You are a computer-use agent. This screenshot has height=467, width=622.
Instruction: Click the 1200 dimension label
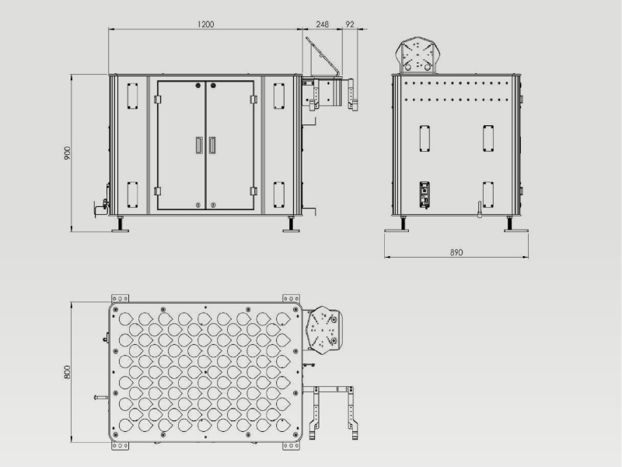coord(205,24)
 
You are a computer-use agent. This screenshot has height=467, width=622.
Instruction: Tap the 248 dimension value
coord(322,24)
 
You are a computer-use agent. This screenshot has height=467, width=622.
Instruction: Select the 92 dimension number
coord(349,24)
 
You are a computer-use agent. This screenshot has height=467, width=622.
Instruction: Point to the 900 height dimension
coord(68,153)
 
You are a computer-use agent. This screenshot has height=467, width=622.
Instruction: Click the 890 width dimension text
coord(456,252)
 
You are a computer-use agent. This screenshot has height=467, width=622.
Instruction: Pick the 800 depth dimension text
coord(67,372)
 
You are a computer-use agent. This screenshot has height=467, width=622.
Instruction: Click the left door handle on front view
coord(199,145)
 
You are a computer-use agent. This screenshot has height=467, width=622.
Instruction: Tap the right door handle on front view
coord(212,145)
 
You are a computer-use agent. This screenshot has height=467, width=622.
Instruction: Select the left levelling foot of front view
coord(120,224)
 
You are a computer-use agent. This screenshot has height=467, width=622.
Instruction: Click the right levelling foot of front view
coord(291,224)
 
